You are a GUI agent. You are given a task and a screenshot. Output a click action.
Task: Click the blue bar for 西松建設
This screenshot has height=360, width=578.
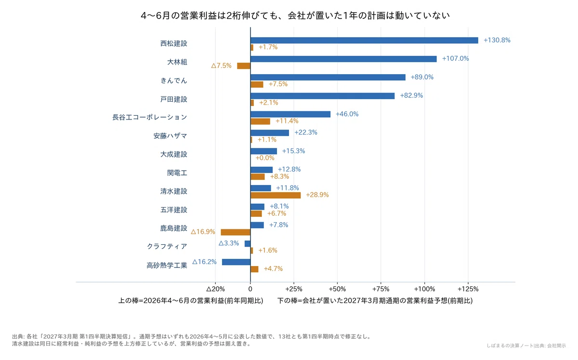coord(364,40)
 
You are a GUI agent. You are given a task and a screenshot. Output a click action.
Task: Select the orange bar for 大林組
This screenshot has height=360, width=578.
coord(244,66)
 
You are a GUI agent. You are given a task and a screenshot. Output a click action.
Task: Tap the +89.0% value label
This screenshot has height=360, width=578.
coord(422,77)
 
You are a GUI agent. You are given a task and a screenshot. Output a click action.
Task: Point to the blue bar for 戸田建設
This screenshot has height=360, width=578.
coord(322,96)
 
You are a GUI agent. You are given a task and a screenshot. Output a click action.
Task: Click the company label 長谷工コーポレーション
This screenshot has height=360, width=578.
coord(150,117)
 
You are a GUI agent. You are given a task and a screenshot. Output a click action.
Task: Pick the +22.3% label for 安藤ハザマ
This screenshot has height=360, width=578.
coord(306,133)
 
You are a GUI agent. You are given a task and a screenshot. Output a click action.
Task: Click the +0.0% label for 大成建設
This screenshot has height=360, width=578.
coord(265,158)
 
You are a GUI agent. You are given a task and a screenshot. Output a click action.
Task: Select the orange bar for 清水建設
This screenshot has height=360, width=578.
coord(276,195)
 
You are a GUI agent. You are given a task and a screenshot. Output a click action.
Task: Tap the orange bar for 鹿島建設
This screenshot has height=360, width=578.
coord(236,232)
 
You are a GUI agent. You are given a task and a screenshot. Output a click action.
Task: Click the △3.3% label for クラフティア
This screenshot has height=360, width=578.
coord(229,243)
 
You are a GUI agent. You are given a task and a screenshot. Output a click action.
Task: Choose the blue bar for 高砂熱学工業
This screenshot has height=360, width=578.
coord(236,262)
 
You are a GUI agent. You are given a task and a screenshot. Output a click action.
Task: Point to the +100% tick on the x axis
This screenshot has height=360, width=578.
coord(424,289)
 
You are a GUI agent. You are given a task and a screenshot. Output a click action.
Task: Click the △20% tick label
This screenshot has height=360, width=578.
coord(215,289)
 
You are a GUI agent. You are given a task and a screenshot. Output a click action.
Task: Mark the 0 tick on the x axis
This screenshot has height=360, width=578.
coord(250,289)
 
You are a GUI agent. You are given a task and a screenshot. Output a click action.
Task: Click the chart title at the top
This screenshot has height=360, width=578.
coord(295,16)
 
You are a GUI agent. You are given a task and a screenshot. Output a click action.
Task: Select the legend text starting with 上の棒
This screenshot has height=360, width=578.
coord(191,301)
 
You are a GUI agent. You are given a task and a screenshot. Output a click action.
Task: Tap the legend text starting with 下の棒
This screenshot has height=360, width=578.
coord(375,301)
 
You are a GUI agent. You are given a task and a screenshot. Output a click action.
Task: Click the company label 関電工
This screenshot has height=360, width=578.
coord(177,173)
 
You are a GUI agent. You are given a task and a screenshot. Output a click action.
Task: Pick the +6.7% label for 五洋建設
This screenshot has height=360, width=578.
coord(276,213)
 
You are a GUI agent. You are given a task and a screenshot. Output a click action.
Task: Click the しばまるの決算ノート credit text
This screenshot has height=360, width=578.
coord(510,346)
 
